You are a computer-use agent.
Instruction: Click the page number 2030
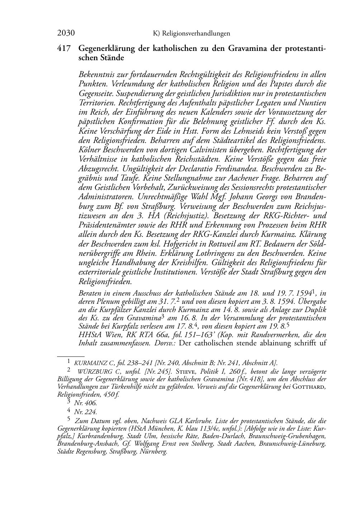pyautogui.click(x=66, y=33)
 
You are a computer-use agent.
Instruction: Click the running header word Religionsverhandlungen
pyautogui.click(x=196, y=34)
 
